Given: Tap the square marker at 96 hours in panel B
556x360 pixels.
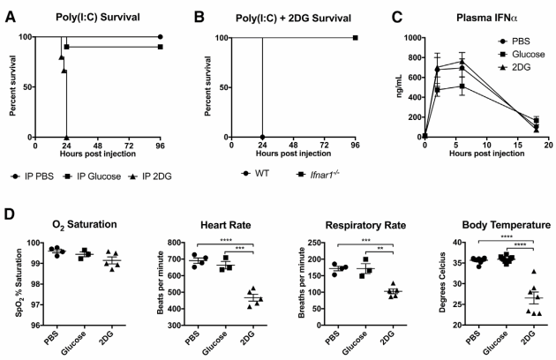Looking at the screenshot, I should coord(355,37).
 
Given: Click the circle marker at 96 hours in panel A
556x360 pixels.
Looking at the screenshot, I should coord(159,37).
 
